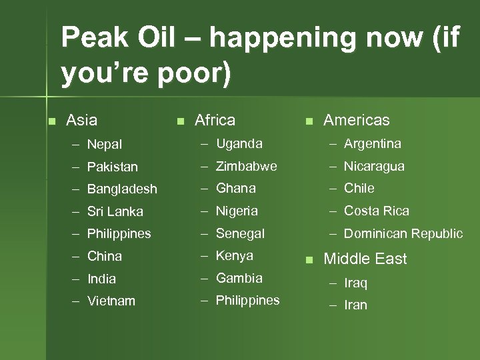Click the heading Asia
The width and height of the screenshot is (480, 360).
point(82,120)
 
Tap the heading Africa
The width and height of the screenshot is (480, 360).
point(215,120)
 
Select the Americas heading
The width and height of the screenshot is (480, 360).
point(356,120)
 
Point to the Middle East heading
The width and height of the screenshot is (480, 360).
point(365,259)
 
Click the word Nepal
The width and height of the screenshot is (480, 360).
point(105,144)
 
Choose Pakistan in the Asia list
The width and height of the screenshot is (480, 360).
point(113,167)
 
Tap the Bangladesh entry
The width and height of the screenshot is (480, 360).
point(122,189)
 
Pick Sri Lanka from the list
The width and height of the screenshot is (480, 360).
point(115,211)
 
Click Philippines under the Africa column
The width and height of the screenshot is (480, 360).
point(247,301)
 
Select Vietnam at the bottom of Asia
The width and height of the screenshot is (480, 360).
point(111,301)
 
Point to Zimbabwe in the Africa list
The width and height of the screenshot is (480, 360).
point(246,166)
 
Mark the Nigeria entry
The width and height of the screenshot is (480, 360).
point(237,211)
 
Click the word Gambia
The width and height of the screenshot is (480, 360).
point(239,278)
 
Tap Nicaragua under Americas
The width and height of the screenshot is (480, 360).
point(374,166)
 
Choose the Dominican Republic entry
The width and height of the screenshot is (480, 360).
point(403,233)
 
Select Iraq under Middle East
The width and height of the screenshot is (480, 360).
point(355,283)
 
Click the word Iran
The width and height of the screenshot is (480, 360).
point(355,305)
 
